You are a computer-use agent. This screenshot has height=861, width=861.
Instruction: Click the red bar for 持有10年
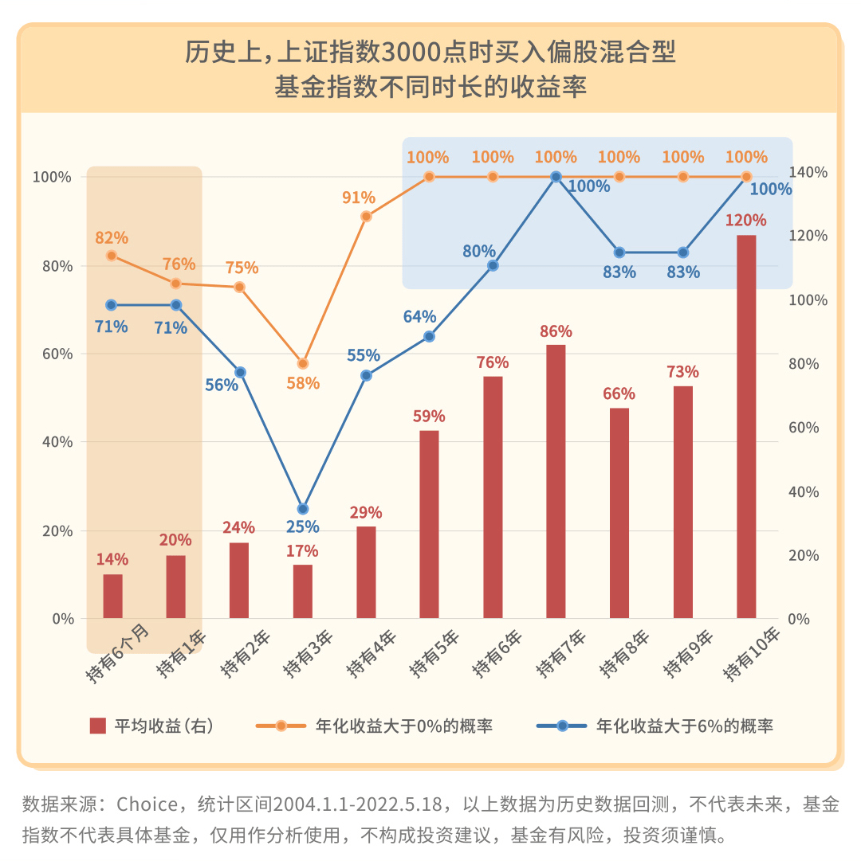(x=746, y=427)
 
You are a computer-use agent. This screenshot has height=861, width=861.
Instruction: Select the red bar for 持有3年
(x=303, y=592)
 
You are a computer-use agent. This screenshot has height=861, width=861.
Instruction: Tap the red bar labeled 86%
(x=556, y=481)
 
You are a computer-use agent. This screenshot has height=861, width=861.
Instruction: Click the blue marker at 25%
(x=303, y=509)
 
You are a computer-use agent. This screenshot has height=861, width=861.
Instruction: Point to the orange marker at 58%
(x=303, y=364)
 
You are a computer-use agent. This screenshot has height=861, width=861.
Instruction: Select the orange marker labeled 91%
(x=366, y=217)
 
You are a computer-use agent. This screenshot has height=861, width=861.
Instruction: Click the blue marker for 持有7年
(x=556, y=177)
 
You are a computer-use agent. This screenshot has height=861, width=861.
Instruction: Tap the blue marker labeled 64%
(x=429, y=337)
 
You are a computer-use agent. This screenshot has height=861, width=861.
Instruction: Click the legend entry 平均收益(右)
(x=151, y=726)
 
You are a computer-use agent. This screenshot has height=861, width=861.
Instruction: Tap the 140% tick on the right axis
(x=808, y=172)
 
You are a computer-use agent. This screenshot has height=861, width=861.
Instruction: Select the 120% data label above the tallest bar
(x=746, y=220)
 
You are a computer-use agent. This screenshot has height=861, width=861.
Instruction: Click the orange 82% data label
(x=112, y=237)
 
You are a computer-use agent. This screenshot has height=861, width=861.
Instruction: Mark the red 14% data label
(x=112, y=558)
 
